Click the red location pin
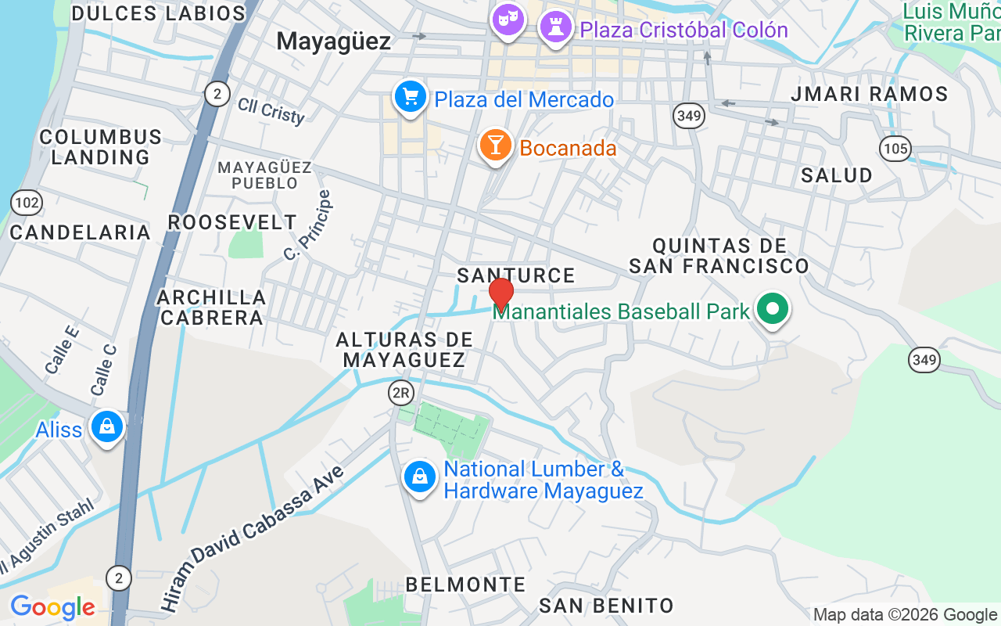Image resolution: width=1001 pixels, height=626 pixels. point(500,294)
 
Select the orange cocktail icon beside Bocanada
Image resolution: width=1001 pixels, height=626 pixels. point(495,146)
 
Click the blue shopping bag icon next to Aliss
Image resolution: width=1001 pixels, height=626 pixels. point(107,427)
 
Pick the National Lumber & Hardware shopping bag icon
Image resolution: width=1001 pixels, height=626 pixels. point(420,477)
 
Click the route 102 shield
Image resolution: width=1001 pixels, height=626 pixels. point(27,203)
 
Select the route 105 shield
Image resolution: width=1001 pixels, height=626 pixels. point(895,148)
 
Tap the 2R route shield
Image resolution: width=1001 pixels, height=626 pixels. point(401,393)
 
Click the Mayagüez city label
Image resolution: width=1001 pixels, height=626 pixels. point(334,41)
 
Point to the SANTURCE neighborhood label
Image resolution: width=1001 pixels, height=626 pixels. point(516,275)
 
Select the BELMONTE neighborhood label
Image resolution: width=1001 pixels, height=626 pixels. point(465,585)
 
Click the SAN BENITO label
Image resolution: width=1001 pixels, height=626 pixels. point(606,606)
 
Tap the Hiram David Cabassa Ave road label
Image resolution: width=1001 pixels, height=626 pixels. point(253,538)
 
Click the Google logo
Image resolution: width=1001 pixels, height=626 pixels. point(52,607)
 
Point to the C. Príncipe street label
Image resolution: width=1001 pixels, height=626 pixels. point(308,225)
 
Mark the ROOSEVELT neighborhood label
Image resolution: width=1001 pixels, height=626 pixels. point(232,222)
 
